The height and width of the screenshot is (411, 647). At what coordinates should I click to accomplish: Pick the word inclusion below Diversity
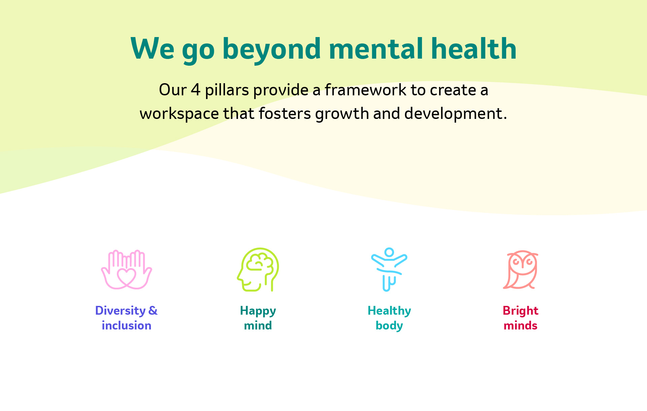point(126,325)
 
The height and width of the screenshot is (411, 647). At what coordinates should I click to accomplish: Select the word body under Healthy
point(389,326)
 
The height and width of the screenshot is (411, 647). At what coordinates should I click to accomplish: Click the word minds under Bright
point(520,325)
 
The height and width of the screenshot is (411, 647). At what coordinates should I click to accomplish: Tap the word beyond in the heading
point(271,50)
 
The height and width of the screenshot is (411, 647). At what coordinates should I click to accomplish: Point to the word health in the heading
point(474,49)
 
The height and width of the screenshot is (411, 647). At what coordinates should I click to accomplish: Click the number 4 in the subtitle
point(196,90)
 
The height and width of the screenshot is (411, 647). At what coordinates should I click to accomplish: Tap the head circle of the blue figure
point(389,252)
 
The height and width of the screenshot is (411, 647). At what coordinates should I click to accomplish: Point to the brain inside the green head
point(260,262)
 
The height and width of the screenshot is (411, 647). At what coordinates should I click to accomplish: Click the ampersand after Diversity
point(153,310)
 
